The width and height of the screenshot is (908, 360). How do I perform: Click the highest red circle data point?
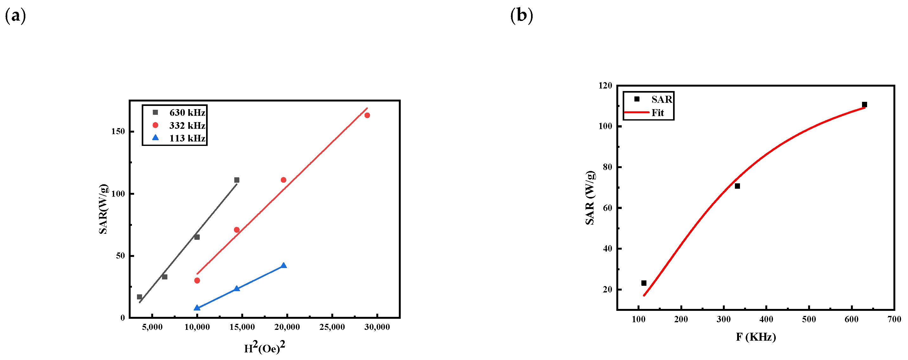point(367,115)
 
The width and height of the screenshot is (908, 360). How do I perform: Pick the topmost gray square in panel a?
point(237,180)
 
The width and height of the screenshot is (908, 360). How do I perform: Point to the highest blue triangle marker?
point(283,265)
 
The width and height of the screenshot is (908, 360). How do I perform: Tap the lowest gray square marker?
point(139,297)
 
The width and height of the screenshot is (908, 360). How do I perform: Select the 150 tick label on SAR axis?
point(118,132)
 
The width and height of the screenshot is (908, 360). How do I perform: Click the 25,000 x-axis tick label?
point(332,327)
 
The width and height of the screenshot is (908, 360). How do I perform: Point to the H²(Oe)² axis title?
point(265,348)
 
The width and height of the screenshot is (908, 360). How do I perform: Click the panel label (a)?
point(16,16)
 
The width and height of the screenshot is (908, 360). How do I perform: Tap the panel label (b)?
point(522,16)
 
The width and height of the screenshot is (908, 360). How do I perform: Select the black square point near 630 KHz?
point(865,105)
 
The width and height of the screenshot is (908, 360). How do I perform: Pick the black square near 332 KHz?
point(737,186)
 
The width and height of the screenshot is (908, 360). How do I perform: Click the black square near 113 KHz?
point(644,283)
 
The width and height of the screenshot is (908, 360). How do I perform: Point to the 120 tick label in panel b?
point(605,86)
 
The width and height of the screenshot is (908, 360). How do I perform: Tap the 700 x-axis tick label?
point(894,319)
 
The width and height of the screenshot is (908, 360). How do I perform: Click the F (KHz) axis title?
point(756,337)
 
